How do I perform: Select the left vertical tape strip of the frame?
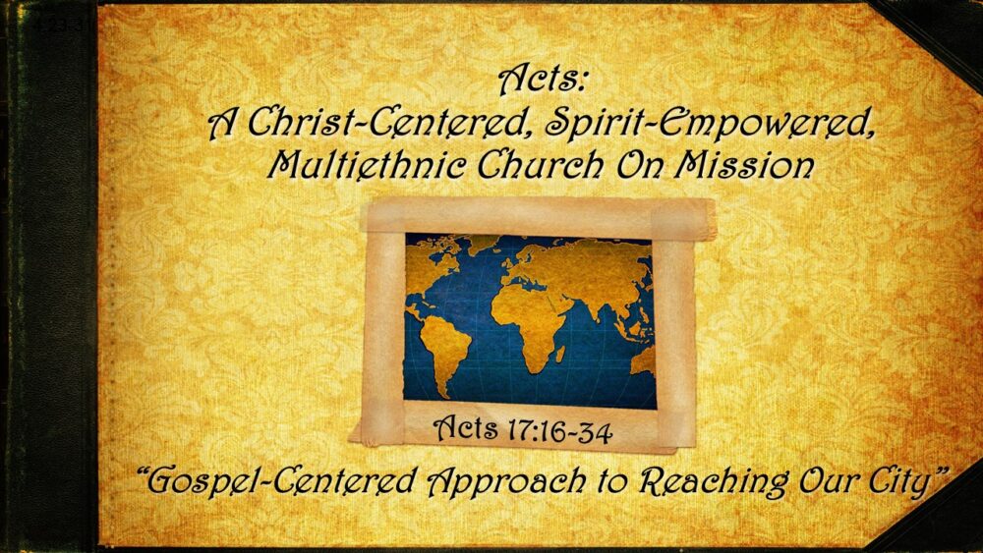pyautogui.click(x=383, y=324)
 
